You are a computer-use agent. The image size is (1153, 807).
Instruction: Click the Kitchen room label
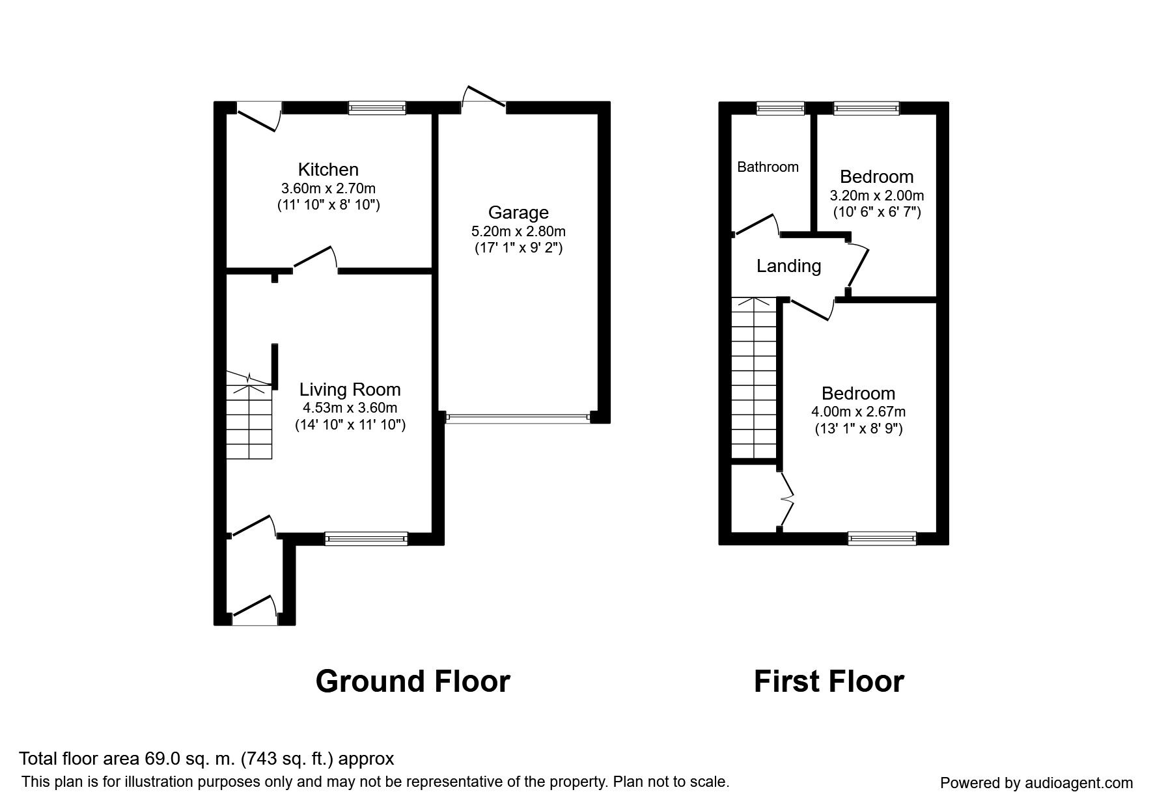point(328,170)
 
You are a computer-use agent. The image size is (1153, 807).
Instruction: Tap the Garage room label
point(518,213)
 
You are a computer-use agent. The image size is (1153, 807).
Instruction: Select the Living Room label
point(350,390)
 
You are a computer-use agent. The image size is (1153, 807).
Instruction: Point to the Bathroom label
point(768,167)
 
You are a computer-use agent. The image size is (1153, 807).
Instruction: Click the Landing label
point(788,266)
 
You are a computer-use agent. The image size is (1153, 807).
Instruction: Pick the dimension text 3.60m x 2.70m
point(328,189)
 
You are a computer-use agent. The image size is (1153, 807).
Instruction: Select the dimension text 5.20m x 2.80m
point(518,231)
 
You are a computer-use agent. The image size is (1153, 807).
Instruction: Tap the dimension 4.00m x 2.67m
point(858,412)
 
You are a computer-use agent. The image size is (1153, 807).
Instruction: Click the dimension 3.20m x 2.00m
point(876,195)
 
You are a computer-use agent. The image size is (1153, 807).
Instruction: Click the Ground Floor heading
point(413,681)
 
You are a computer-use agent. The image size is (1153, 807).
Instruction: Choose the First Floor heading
point(829,681)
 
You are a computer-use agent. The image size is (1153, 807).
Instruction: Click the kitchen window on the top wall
point(377,108)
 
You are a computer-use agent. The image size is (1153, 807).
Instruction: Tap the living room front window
point(367,538)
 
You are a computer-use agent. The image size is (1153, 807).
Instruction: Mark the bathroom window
point(781,108)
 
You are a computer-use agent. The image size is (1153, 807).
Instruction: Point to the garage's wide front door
point(518,418)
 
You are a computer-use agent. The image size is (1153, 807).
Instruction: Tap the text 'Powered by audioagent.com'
point(1036,784)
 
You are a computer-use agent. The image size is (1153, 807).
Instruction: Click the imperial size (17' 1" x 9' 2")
point(518,248)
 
